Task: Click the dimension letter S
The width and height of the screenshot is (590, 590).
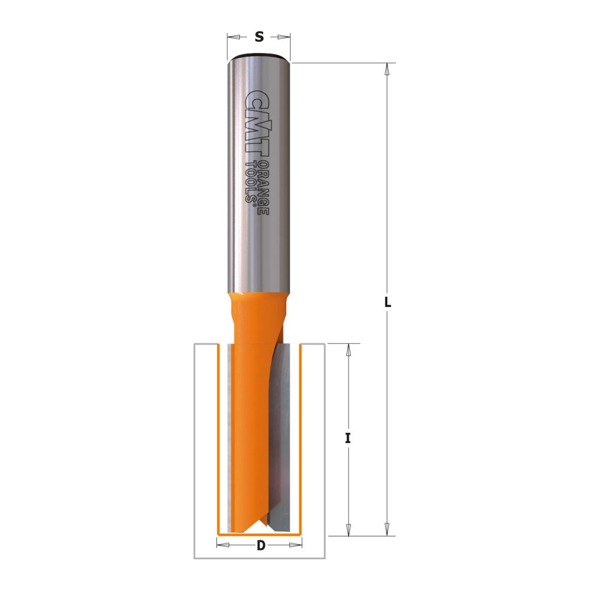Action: tap(258, 37)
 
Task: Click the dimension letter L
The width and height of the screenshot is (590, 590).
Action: tap(387, 302)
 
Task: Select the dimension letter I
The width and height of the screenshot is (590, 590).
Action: tap(348, 438)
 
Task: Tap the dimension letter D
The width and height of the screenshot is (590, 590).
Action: tap(260, 546)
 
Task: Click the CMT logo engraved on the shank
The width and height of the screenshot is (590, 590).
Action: tap(255, 124)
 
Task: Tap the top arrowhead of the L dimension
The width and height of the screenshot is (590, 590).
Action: tap(387, 68)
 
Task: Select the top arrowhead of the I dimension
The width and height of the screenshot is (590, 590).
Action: tap(348, 349)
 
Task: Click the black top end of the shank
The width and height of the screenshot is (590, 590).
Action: tap(258, 57)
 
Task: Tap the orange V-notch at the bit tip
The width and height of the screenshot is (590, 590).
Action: tap(260, 522)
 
